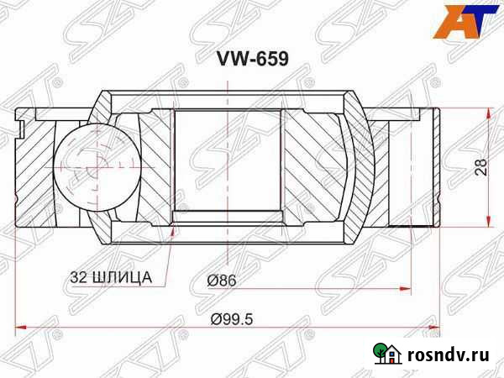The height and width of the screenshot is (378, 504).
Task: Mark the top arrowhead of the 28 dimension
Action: coord(485,112)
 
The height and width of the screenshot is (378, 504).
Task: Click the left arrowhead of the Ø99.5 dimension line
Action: coord(20,323)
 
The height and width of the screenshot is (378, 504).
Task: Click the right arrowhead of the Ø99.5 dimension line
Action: coord(434,323)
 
